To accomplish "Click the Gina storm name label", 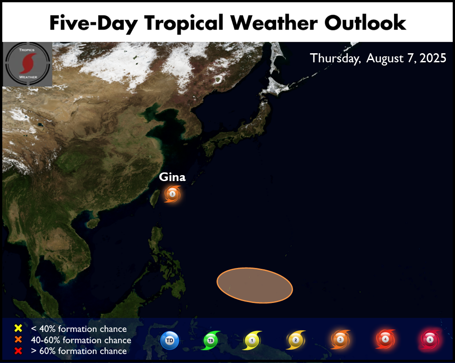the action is (172, 177).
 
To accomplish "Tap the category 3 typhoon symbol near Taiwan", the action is (172, 194).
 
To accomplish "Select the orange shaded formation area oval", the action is (254, 285).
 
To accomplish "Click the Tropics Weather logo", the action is (28, 64).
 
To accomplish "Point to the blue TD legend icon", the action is (170, 340).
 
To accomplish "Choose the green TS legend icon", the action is (211, 340).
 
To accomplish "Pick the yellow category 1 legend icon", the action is (252, 340).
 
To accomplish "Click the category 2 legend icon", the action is (295, 340).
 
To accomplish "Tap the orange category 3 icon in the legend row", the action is (340, 339).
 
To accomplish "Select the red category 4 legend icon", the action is (385, 339).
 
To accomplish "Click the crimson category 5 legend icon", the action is (430, 339).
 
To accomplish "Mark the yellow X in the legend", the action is (18, 328).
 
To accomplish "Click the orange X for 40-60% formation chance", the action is (18, 339).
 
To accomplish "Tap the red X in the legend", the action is (18, 351).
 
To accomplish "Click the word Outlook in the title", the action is (365, 23).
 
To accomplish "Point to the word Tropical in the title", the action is (184, 24).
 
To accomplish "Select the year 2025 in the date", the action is (433, 58).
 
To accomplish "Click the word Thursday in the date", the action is (335, 58).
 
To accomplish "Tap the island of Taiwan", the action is (154, 199).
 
